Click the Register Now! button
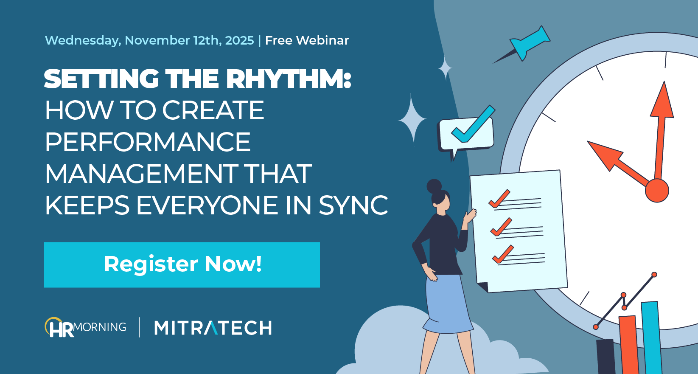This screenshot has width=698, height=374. pyautogui.click(x=182, y=264)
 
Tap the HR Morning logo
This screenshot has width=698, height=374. pyautogui.click(x=85, y=327)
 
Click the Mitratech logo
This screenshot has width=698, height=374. pyautogui.click(x=213, y=328)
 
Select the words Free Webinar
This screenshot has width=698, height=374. pyautogui.click(x=307, y=40)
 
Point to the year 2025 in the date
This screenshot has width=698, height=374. pyautogui.click(x=239, y=40)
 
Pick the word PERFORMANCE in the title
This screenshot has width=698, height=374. pyautogui.click(x=148, y=142)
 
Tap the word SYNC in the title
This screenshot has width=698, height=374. pyautogui.click(x=353, y=205)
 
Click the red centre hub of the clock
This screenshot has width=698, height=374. pyautogui.click(x=656, y=191)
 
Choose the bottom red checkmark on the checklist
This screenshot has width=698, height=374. pyautogui.click(x=503, y=254)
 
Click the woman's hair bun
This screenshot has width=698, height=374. pyautogui.click(x=434, y=186)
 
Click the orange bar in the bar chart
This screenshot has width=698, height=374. pyautogui.click(x=628, y=344)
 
